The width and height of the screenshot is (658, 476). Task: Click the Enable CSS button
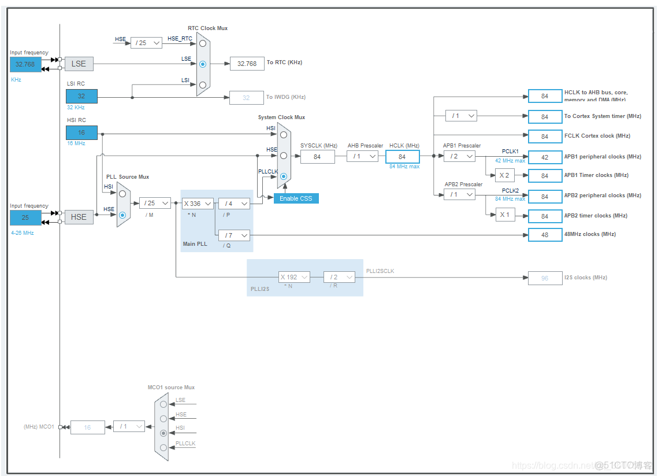[x=296, y=198]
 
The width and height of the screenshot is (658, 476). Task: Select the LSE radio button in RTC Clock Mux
[x=202, y=64]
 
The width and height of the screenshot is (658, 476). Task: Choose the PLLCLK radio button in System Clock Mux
[x=283, y=176]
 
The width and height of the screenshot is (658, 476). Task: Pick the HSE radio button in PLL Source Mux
[x=122, y=215]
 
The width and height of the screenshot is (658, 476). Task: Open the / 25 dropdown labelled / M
[x=155, y=203]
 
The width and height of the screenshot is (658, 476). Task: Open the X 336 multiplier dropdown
[x=198, y=203]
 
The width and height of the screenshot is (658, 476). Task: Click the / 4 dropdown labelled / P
[x=234, y=204]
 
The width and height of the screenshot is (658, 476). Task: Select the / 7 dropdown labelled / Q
[x=234, y=235]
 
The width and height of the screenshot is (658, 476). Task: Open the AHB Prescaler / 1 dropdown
[x=362, y=156]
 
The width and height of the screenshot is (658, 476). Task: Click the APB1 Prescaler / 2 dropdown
[x=459, y=156]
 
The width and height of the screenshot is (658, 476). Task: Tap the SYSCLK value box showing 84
[x=317, y=157]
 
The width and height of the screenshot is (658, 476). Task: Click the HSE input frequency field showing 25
[x=25, y=217]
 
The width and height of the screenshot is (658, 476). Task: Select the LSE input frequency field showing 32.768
[x=25, y=64]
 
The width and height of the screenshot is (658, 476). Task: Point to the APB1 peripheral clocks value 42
[x=545, y=157]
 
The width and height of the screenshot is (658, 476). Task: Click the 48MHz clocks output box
[x=545, y=234]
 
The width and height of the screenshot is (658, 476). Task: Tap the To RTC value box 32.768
[x=247, y=64]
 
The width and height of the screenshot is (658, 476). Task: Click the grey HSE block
[x=79, y=217]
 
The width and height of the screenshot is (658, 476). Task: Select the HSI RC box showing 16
[x=81, y=132]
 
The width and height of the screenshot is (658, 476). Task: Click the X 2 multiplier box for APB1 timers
[x=504, y=175]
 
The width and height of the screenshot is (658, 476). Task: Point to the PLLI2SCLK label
[x=380, y=271]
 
